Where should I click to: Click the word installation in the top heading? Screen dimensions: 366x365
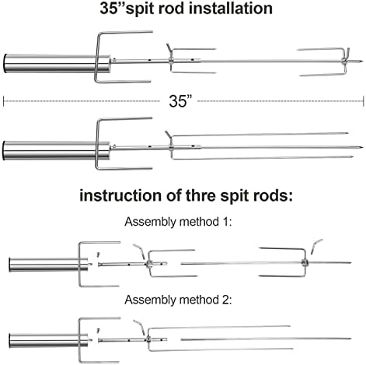pos(231,8)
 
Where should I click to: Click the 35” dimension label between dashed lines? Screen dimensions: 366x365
pos(180,101)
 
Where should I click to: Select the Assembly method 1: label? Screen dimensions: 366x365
pos(178,222)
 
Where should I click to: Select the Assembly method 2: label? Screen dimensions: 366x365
pos(178,300)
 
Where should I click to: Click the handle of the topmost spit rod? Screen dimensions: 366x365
pos(57,64)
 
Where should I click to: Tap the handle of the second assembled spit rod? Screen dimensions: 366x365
pos(56,150)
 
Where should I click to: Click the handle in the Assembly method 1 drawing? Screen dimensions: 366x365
pos(48,265)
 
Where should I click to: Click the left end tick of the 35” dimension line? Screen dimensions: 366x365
pos(3,101)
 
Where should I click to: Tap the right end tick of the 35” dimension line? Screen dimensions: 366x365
pos(364,101)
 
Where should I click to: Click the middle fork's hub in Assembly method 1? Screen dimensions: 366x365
pos(149,264)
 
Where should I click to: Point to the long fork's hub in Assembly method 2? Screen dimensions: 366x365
pos(148,339)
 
